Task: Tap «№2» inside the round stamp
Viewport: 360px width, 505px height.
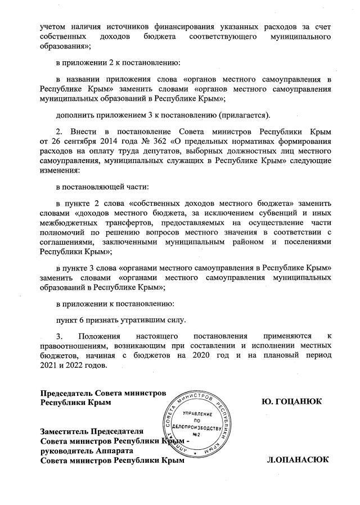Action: coord(197,435)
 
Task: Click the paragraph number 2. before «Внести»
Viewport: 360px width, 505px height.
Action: coord(59,130)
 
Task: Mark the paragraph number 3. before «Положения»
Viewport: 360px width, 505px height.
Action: coord(59,335)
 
